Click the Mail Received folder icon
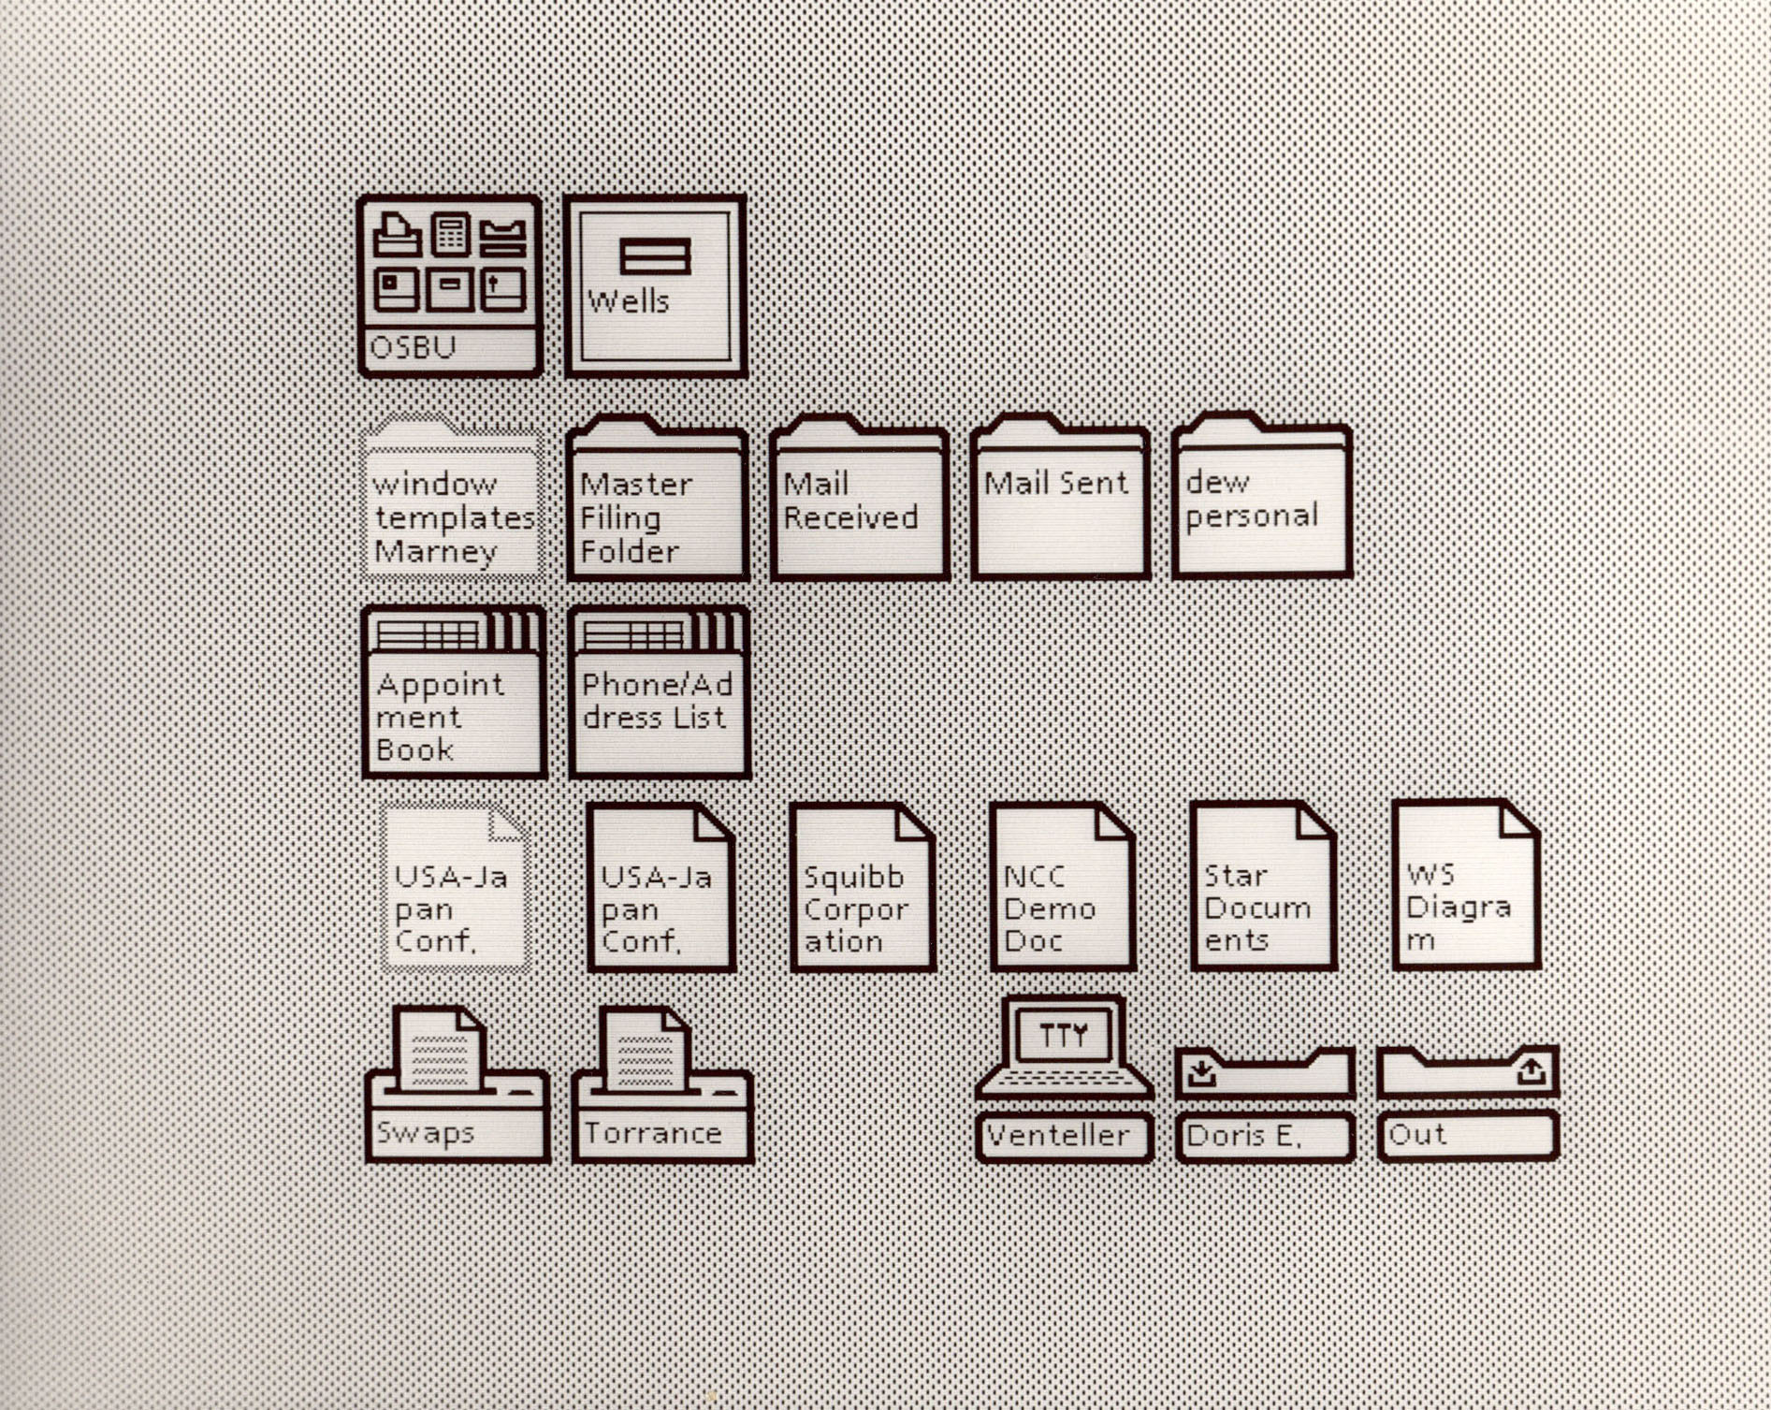pyautogui.click(x=860, y=498)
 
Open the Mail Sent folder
pyautogui.click(x=1061, y=498)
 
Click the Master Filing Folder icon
pyautogui.click(x=658, y=498)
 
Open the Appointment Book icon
pyautogui.click(x=455, y=692)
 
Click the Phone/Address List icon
pyautogui.click(x=660, y=692)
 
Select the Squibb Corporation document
pyautogui.click(x=863, y=887)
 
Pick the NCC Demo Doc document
pyautogui.click(x=1063, y=886)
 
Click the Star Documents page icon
pyautogui.click(x=1264, y=885)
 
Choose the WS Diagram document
pyautogui.click(x=1466, y=884)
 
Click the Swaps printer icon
pyautogui.click(x=457, y=1084)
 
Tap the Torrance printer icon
pyautogui.click(x=662, y=1084)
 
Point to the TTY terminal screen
pyautogui.click(x=1064, y=1035)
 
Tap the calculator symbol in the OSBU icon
pyautogui.click(x=451, y=233)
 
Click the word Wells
pyautogui.click(x=628, y=301)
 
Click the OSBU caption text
pyautogui.click(x=414, y=348)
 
